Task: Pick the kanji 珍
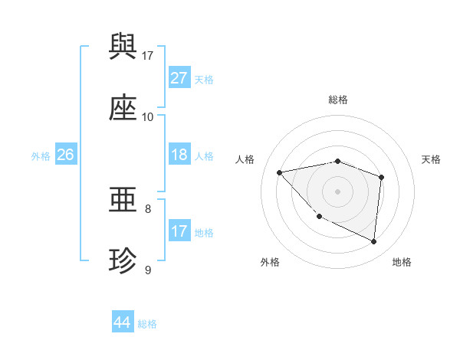123,261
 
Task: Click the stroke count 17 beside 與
148,56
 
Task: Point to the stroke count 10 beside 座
148,117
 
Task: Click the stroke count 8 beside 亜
148,208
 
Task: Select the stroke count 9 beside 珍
148,270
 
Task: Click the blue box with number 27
179,78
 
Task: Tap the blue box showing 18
179,155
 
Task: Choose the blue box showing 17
179,231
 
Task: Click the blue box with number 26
65,155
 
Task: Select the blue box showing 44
123,322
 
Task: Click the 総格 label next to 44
148,324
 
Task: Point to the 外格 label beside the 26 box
41,156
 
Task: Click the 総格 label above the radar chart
337,100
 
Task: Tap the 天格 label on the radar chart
432,159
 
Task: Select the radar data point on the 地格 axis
373,242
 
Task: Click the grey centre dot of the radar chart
337,191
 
